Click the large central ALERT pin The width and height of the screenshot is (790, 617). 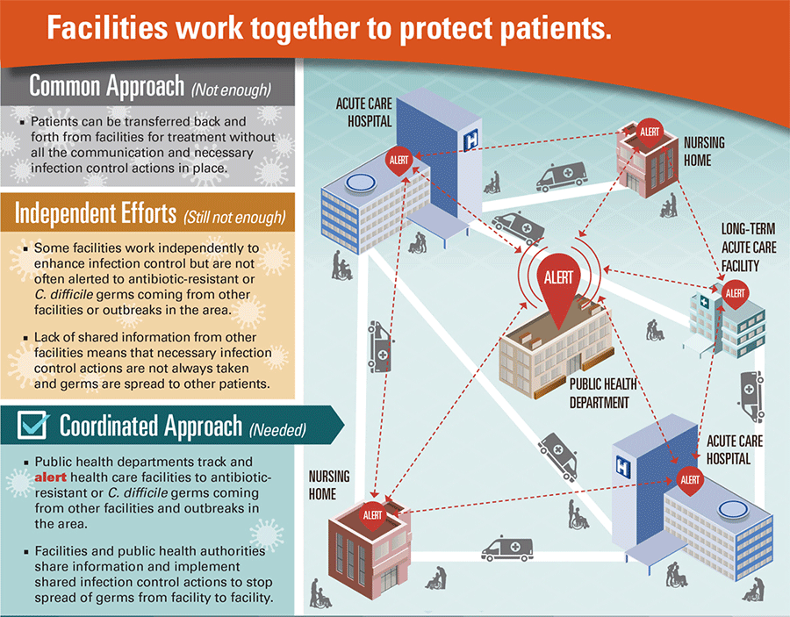pos(558,278)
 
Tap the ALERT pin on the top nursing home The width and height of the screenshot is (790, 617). pos(650,132)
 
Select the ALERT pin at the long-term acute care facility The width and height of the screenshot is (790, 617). pos(735,293)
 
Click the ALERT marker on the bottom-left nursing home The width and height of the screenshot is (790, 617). pos(373,514)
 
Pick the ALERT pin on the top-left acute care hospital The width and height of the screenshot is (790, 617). pos(399,161)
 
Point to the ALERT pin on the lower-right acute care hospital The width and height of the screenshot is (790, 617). pos(690,480)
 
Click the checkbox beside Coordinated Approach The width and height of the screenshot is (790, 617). pos(33,426)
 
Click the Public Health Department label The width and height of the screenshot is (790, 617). pos(602,393)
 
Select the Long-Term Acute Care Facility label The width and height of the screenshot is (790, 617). pos(748,247)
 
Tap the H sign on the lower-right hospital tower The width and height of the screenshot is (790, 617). pos(623,464)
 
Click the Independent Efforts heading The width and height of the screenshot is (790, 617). pos(97,213)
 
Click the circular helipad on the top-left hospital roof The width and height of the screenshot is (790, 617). pos(358,183)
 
